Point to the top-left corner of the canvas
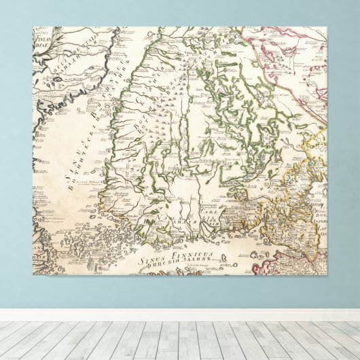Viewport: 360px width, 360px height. [33, 27]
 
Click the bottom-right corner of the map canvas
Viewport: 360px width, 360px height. [327, 275]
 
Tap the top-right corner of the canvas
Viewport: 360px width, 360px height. [327, 27]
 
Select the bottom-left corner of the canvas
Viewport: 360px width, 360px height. [33, 275]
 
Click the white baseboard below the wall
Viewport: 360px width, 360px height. [180, 314]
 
